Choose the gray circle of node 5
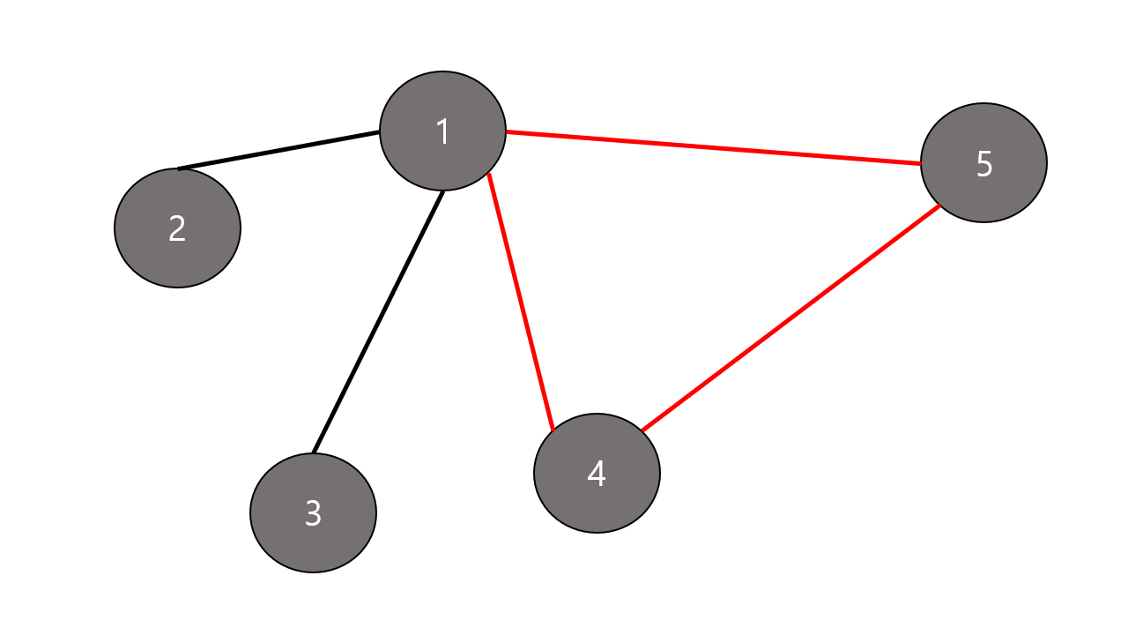click(956, 191)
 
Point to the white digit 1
click(442, 131)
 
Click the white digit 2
click(177, 228)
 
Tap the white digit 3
click(313, 512)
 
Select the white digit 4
click(597, 474)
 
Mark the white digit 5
click(984, 164)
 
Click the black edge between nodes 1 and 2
click(278, 150)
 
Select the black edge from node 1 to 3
click(378, 322)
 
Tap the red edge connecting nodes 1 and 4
click(521, 302)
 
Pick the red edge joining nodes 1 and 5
click(714, 147)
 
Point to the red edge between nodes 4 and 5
click(790, 318)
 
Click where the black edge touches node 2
click(180, 168)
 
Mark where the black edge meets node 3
click(314, 453)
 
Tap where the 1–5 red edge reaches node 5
click(921, 163)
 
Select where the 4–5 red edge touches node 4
click(642, 431)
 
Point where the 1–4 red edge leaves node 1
click(489, 174)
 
